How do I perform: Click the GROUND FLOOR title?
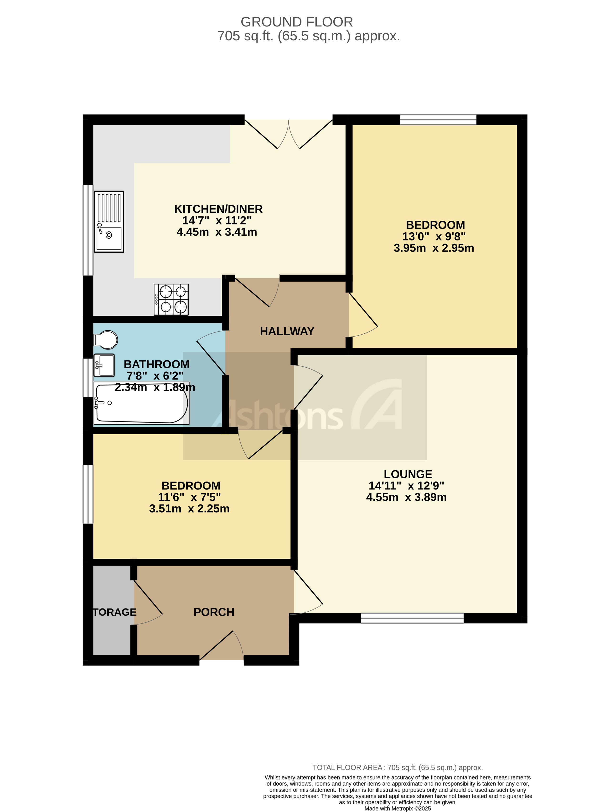coord(297,22)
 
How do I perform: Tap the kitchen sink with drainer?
coord(109,221)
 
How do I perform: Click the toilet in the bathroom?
coord(106,339)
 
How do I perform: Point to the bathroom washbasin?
coord(104,365)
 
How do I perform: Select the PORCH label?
coord(214,612)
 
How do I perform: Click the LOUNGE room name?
coord(408,474)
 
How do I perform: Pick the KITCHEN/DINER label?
coord(218,209)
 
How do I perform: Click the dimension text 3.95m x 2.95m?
coord(434,248)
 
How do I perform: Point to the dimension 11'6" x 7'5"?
coord(189,497)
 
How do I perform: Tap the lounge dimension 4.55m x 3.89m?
coord(406,497)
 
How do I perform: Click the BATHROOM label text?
coord(157,364)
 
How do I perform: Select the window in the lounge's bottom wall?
coord(412,618)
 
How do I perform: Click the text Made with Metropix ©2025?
coord(398,808)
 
